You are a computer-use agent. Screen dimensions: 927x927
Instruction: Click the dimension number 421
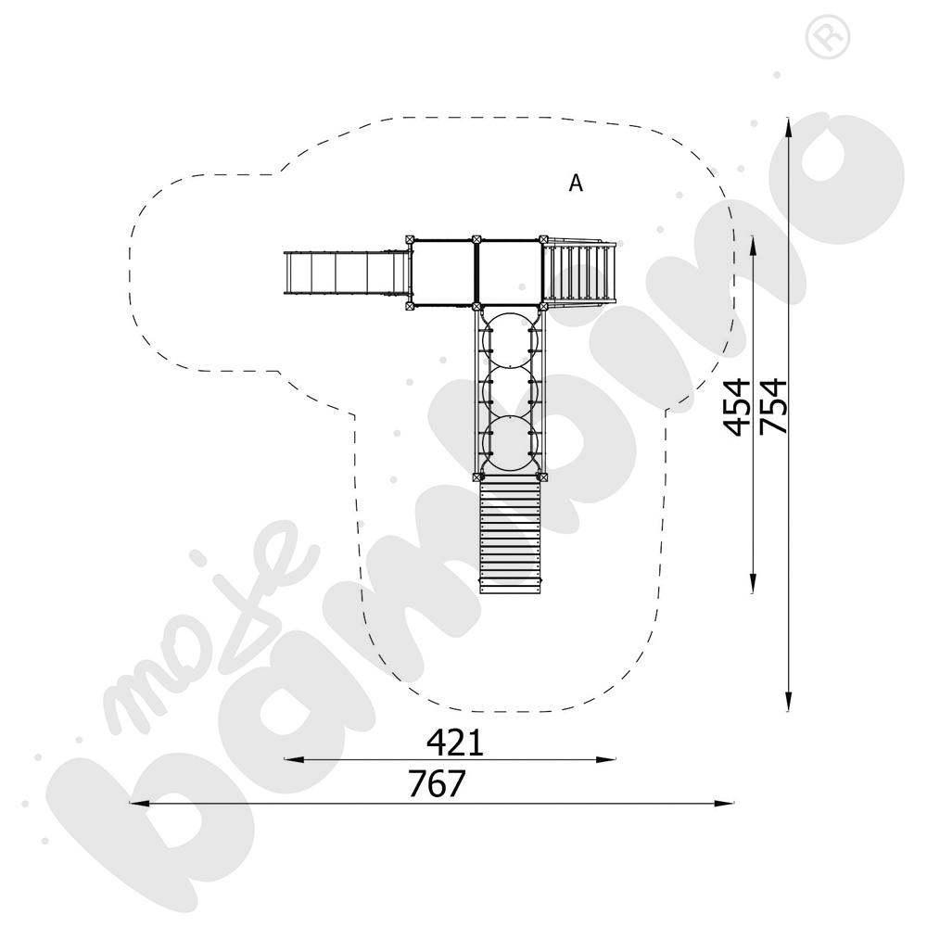click(x=455, y=743)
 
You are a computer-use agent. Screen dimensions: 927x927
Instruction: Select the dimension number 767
click(x=438, y=784)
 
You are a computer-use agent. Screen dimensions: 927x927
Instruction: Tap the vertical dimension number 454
click(x=737, y=407)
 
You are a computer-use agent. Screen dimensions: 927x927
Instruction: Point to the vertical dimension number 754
click(x=774, y=407)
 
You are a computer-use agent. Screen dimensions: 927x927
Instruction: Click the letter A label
click(x=576, y=184)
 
